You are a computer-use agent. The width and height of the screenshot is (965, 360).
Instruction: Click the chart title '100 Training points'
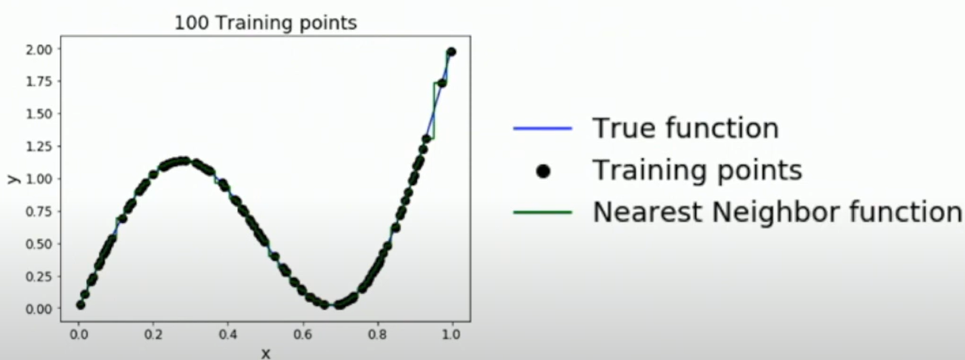[266, 23]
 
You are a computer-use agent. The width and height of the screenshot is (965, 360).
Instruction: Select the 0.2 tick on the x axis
[153, 335]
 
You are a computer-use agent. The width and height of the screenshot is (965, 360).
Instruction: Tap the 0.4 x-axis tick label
[228, 335]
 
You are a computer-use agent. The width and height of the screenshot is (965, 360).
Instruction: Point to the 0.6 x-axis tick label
[303, 335]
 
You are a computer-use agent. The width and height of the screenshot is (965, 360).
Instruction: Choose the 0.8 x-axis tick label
[377, 335]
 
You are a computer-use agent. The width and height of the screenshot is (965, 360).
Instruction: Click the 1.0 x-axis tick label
[451, 335]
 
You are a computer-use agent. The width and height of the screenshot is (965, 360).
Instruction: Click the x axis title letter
[266, 353]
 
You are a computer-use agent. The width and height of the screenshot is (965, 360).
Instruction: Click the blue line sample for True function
[543, 128]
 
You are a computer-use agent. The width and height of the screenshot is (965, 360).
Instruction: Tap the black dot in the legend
[543, 172]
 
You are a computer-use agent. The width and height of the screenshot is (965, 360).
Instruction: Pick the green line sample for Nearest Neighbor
[543, 212]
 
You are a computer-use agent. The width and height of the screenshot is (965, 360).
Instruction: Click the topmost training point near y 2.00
[451, 52]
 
